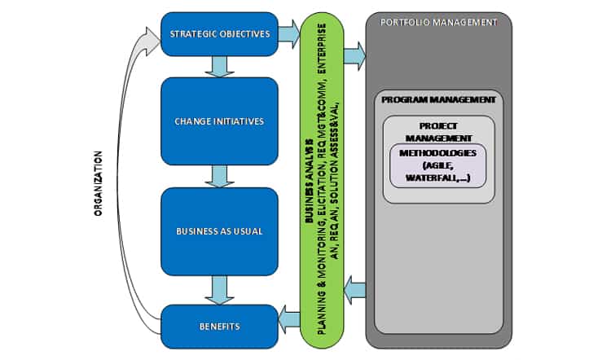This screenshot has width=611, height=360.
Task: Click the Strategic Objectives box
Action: [219, 34]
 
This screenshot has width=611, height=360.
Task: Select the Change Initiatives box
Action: [219, 121]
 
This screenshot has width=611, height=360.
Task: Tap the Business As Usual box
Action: [219, 230]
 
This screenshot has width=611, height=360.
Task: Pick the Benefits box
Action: [219, 326]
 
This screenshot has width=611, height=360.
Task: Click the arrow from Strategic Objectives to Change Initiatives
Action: [219, 67]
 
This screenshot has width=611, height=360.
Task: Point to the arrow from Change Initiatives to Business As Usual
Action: [219, 176]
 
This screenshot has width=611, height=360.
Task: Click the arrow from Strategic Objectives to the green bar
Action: [288, 33]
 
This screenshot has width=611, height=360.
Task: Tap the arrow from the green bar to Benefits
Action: [288, 318]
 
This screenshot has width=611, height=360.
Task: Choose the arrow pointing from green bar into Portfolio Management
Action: [354, 56]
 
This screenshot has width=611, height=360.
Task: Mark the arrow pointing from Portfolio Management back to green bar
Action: [354, 288]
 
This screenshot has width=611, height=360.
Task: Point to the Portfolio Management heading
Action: [438, 22]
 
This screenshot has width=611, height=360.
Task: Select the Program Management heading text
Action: [438, 100]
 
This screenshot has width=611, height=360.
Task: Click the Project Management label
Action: [438, 132]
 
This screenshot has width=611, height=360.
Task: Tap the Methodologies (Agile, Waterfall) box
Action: [438, 165]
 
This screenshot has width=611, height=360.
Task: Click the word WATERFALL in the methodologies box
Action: [433, 178]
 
